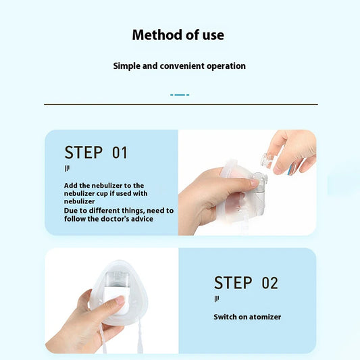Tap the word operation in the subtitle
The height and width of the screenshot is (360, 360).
click(226, 66)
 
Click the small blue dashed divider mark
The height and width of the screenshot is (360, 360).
click(180, 95)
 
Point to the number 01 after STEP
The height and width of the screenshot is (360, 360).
click(120, 153)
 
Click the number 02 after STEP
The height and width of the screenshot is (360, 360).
click(269, 283)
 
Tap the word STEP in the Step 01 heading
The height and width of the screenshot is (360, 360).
click(83, 153)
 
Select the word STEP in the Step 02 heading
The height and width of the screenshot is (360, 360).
click(233, 282)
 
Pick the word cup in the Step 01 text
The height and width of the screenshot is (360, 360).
click(102, 194)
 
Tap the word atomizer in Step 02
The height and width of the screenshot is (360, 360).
click(265, 317)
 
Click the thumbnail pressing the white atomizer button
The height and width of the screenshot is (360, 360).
click(120, 300)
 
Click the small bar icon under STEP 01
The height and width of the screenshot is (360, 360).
click(67, 169)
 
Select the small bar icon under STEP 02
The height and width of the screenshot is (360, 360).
click(217, 299)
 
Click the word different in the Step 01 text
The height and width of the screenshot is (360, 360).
click(104, 211)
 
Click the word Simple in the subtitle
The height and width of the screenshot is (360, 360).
click(127, 66)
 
